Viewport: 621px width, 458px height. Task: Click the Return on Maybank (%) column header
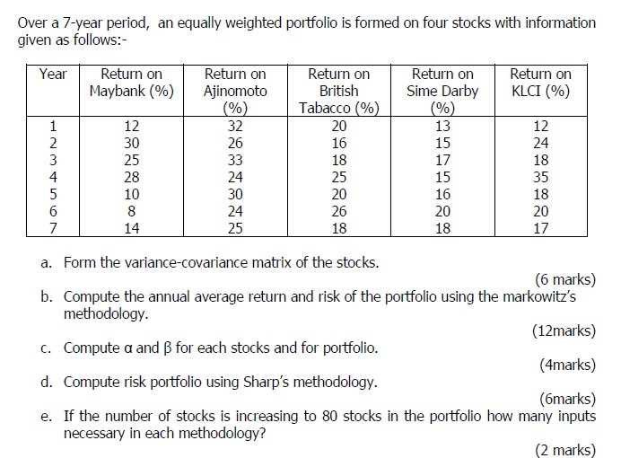(131, 83)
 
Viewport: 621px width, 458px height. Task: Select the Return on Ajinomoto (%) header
(235, 91)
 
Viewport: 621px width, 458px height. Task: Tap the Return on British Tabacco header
(338, 91)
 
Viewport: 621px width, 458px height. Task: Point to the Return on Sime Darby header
(442, 91)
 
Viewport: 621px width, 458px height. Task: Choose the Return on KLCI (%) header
(540, 83)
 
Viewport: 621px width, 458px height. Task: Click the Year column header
(53, 74)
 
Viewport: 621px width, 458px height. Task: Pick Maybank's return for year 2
(132, 143)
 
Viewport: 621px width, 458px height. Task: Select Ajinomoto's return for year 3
(235, 160)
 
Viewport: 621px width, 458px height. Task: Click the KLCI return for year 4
(540, 177)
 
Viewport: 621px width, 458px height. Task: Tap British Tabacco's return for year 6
(338, 211)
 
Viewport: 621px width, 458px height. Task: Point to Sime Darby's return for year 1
(442, 126)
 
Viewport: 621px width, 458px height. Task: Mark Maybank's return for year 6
(132, 211)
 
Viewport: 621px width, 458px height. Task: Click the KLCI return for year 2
(540, 143)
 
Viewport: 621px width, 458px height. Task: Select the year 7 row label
(53, 228)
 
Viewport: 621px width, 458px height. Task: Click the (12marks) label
(564, 330)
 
